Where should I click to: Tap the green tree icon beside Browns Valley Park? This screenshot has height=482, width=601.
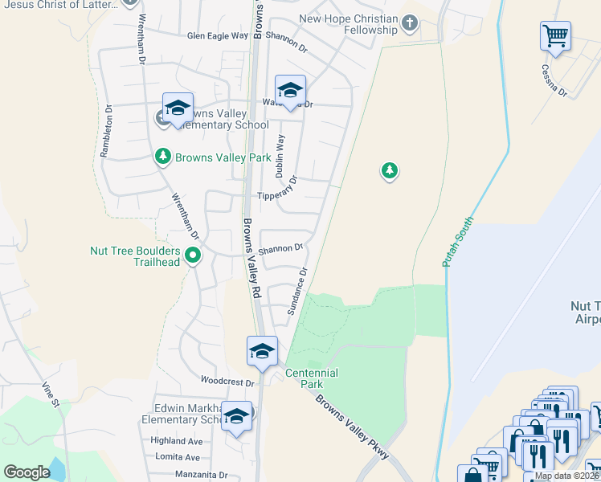[163, 156]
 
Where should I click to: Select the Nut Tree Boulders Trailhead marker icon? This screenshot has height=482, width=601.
[193, 255]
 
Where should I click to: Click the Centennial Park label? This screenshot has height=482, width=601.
[312, 378]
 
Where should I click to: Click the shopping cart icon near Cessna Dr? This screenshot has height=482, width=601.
[555, 36]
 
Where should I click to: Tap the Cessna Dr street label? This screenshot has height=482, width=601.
[554, 81]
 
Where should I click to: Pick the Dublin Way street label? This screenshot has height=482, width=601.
[280, 154]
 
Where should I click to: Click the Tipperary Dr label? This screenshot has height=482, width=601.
[276, 195]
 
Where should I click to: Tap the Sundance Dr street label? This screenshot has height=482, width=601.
[298, 291]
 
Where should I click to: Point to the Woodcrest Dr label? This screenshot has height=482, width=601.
[227, 383]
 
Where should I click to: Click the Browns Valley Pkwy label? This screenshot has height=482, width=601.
[353, 426]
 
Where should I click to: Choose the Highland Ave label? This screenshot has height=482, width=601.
[176, 441]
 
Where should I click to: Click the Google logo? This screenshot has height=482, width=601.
[27, 472]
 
